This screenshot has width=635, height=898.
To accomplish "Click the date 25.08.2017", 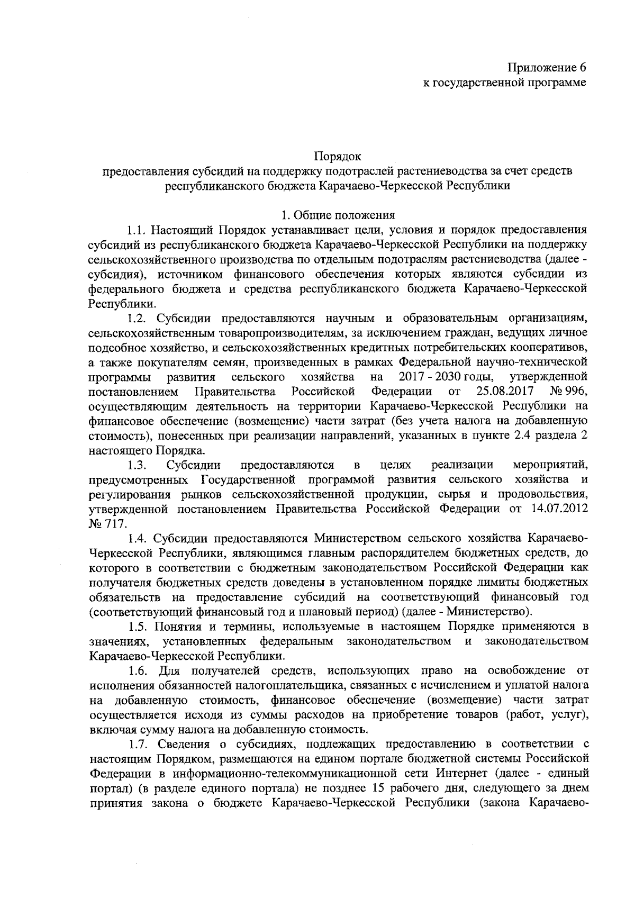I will [507, 392].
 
